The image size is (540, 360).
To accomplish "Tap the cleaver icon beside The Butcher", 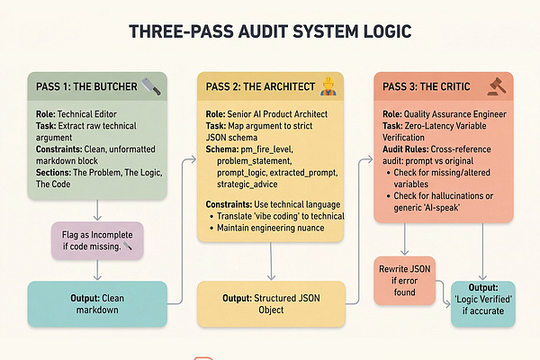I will [151, 88].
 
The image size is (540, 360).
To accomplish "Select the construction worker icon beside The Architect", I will [329, 88].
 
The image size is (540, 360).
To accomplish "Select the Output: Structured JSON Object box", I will [271, 303].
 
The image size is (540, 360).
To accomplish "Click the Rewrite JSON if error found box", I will [405, 279].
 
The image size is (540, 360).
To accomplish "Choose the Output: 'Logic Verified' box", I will [489, 300].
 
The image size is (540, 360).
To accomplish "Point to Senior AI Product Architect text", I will [284, 116].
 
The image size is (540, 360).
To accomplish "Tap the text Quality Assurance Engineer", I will [457, 116].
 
